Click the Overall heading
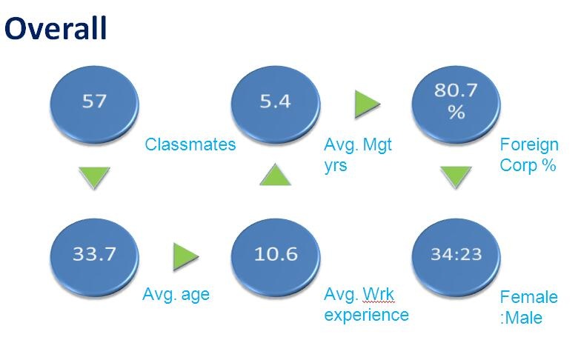click(x=56, y=28)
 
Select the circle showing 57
click(x=95, y=104)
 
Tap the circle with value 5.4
click(x=276, y=104)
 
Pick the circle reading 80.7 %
click(x=456, y=104)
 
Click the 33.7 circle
click(x=95, y=257)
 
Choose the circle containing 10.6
click(x=276, y=257)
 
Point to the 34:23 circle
click(x=456, y=257)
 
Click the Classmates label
click(x=190, y=144)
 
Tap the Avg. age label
click(x=176, y=295)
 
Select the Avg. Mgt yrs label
click(x=358, y=155)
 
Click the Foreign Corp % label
click(x=529, y=155)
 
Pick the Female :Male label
click(x=529, y=307)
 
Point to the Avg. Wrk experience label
click(x=366, y=305)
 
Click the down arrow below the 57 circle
click(x=95, y=177)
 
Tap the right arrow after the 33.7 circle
click(x=185, y=256)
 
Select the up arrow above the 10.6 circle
click(x=276, y=175)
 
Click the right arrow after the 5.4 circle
click(x=367, y=104)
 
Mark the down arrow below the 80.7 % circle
click(x=456, y=176)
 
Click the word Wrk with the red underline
click(x=378, y=294)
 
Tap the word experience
click(x=366, y=316)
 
